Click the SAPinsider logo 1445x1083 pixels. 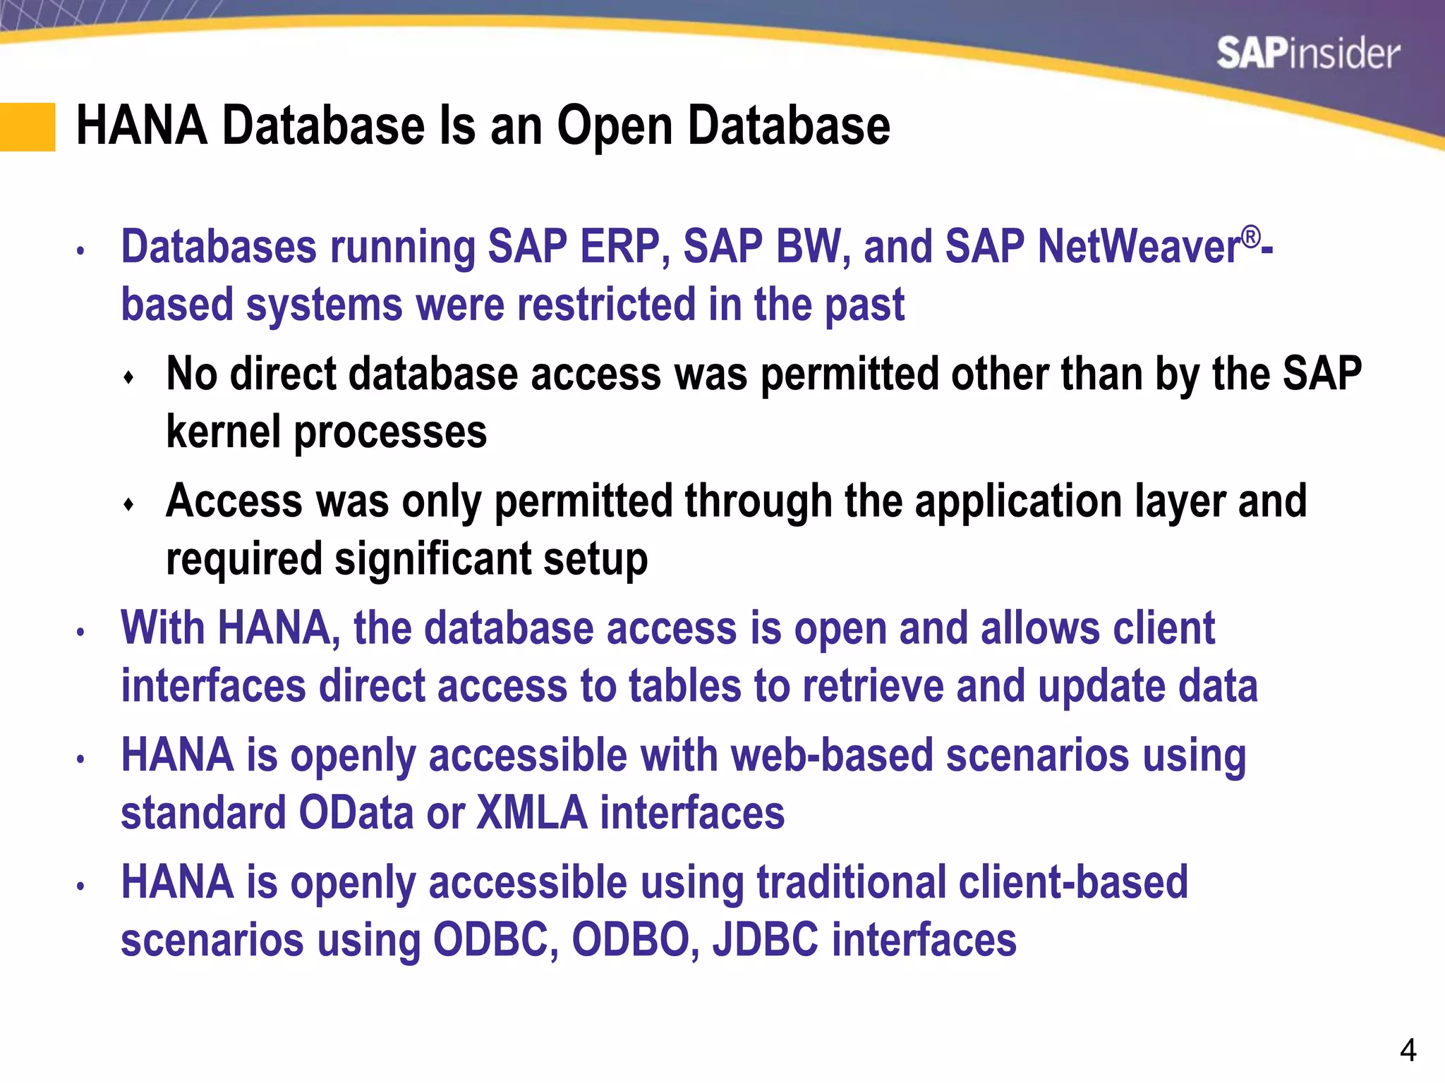click(1307, 54)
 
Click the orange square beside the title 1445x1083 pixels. click(28, 127)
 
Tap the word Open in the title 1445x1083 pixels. click(615, 127)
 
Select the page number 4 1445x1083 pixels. click(1408, 1051)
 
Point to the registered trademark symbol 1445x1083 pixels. click(1250, 237)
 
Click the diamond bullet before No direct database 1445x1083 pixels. click(128, 378)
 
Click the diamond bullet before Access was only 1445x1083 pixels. click(128, 505)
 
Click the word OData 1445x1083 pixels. click(356, 813)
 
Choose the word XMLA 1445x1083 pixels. click(532, 813)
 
